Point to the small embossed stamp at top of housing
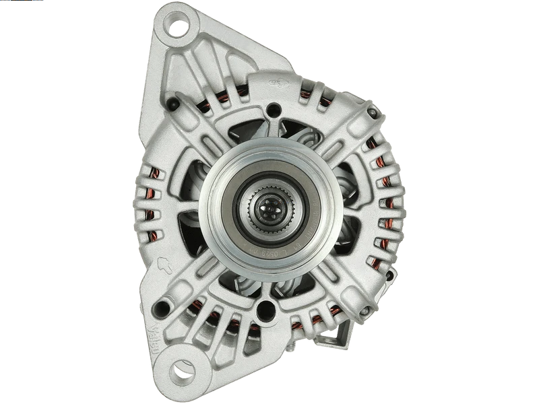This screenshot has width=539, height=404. click(x=275, y=83)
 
